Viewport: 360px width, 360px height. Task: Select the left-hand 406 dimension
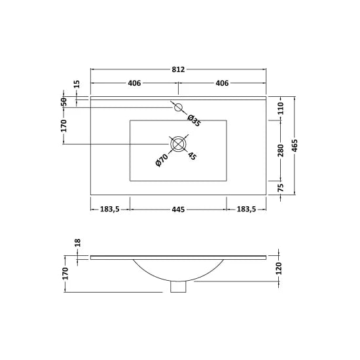pyautogui.click(x=134, y=83)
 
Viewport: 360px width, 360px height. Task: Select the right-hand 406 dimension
pyautogui.click(x=222, y=83)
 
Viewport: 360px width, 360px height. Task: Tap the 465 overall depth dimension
pyautogui.click(x=296, y=145)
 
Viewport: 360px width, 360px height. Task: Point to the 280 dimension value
pyautogui.click(x=281, y=151)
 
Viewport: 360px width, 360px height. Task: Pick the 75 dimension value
pyautogui.click(x=281, y=187)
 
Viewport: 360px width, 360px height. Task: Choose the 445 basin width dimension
pyautogui.click(x=178, y=209)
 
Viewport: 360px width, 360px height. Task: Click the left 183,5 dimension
pyautogui.click(x=109, y=209)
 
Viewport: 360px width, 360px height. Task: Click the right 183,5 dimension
pyautogui.click(x=247, y=209)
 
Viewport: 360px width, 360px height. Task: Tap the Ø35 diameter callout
pyautogui.click(x=193, y=120)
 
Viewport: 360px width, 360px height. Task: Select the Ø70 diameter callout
pyautogui.click(x=162, y=159)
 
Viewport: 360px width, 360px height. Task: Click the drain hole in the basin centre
pyautogui.click(x=179, y=144)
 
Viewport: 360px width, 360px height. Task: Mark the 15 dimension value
pyautogui.click(x=77, y=84)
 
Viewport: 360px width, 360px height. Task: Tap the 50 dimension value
pyautogui.click(x=63, y=101)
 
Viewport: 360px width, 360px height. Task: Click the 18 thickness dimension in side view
pyautogui.click(x=77, y=243)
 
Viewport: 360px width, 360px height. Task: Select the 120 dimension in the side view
pyautogui.click(x=280, y=268)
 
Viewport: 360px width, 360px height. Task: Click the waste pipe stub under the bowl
pyautogui.click(x=178, y=287)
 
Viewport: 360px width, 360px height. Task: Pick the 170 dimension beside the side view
pyautogui.click(x=65, y=274)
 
